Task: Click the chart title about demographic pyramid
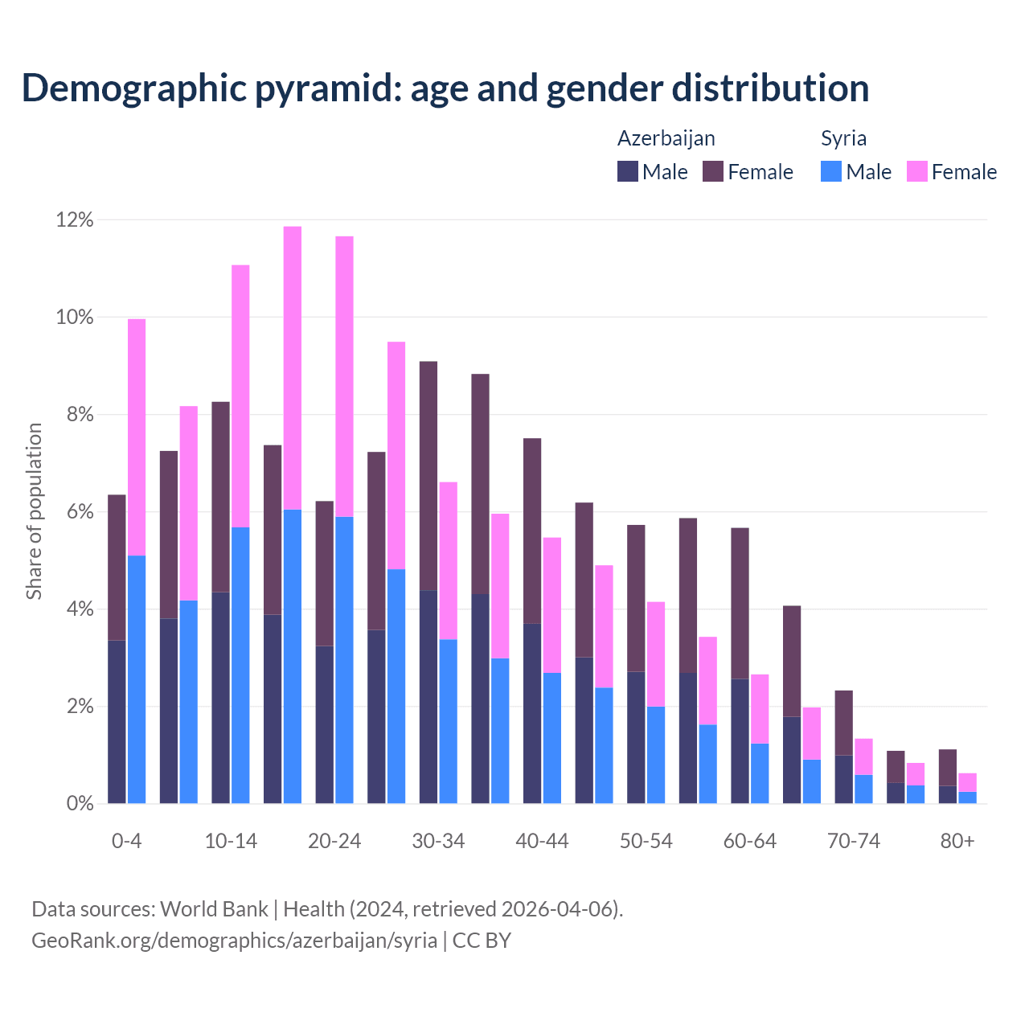tap(445, 88)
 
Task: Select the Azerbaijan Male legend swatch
tap(628, 171)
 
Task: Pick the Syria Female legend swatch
tap(917, 171)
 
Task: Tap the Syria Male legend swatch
tap(831, 171)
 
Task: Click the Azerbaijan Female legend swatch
tap(713, 171)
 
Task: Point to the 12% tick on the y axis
tap(75, 220)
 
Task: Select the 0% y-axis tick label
tap(80, 804)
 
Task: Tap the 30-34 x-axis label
tap(438, 842)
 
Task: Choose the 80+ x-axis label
tap(957, 842)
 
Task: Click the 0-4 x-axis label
tap(126, 842)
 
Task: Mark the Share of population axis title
tap(35, 511)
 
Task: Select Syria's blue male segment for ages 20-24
tap(344, 659)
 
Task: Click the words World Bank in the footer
tap(214, 909)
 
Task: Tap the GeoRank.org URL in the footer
tap(234, 941)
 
